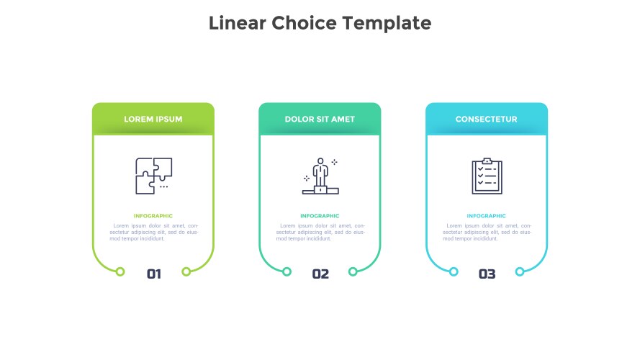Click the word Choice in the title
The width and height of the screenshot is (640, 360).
click(304, 23)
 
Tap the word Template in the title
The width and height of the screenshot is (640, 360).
click(387, 24)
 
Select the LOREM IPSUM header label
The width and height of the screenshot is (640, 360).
click(153, 120)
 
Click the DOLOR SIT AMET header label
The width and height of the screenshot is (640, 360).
click(320, 120)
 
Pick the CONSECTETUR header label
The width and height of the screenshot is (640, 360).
click(486, 120)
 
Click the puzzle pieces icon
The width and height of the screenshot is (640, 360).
click(154, 176)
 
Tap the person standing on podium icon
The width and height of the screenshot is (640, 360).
click(320, 176)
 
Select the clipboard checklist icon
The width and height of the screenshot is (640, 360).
click(487, 176)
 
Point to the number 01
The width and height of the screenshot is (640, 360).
click(154, 274)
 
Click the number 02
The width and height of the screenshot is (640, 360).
click(320, 274)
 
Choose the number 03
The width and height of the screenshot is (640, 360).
click(487, 274)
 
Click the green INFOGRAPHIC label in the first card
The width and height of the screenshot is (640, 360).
click(153, 216)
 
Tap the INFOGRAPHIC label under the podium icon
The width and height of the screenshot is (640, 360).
click(320, 216)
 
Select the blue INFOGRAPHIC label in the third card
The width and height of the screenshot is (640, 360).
click(486, 216)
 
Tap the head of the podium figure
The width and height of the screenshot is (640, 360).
click(320, 161)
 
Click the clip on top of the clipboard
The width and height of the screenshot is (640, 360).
click(487, 161)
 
